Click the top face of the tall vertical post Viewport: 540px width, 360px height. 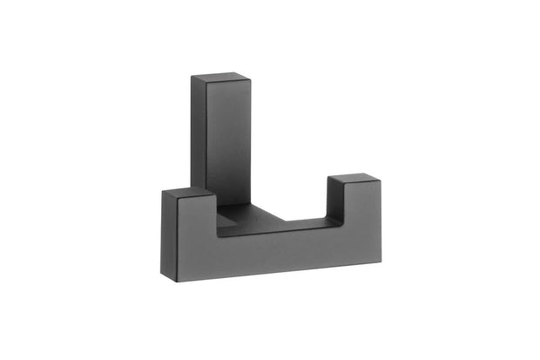220,80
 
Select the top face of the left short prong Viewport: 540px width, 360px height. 187,192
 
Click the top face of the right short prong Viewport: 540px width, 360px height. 354,180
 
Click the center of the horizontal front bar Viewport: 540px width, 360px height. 274,254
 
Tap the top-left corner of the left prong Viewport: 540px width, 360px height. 163,189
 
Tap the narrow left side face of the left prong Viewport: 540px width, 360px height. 165,235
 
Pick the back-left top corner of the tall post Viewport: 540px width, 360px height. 192,77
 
